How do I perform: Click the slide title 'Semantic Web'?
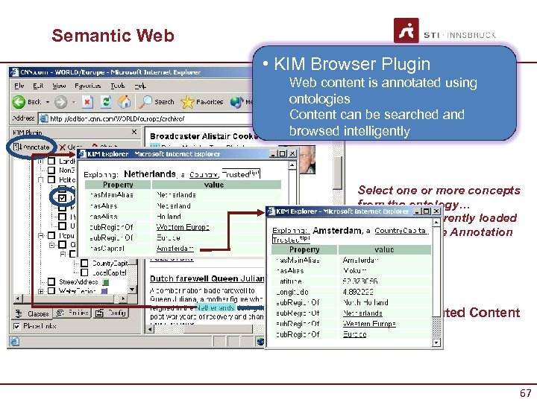pyautogui.click(x=113, y=35)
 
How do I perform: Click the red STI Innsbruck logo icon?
pyautogui.click(x=406, y=32)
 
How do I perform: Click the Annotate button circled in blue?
pyautogui.click(x=31, y=147)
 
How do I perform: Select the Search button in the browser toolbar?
pyautogui.click(x=159, y=102)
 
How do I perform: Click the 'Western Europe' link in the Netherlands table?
pyautogui.click(x=183, y=226)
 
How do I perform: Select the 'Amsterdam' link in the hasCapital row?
pyautogui.click(x=175, y=248)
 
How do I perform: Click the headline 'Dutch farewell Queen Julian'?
pyautogui.click(x=206, y=278)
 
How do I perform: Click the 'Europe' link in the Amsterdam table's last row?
pyautogui.click(x=354, y=334)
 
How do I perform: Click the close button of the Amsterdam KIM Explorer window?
pyautogui.click(x=436, y=212)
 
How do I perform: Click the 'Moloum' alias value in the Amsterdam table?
pyautogui.click(x=355, y=271)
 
